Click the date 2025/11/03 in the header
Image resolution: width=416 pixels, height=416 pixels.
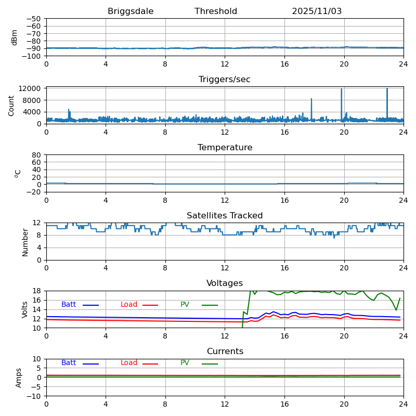coord(317,11)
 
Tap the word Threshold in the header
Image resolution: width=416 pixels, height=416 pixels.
coord(216,11)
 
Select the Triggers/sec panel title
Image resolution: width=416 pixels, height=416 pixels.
coord(225,80)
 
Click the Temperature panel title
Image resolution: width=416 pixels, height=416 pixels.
coord(225,148)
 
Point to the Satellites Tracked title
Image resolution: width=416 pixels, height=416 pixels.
coord(225,216)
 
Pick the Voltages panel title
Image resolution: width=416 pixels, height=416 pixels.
coord(225,283)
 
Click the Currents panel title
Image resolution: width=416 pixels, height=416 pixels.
coord(225,352)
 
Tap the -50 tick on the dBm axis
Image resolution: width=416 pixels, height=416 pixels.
coord(34,19)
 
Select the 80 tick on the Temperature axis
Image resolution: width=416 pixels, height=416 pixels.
coord(36,155)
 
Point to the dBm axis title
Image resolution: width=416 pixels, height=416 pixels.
coord(15,37)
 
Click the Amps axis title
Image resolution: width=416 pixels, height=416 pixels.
coord(19,378)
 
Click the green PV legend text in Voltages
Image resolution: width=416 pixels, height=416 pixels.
coord(185,305)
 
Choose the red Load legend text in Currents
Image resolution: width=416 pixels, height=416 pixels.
coord(129,363)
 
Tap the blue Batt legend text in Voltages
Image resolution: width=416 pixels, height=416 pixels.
coord(69,305)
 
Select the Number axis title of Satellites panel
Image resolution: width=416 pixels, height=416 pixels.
coord(25,242)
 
